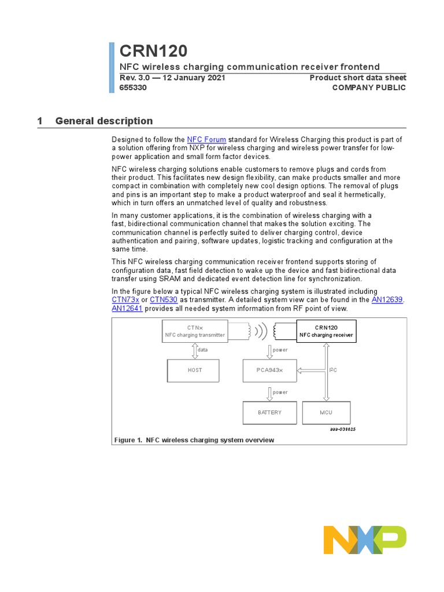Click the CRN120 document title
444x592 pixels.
point(153,51)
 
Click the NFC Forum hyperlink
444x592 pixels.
point(206,139)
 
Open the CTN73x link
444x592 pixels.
point(125,300)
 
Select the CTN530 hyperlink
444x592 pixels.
point(164,300)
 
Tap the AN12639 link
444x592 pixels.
point(387,300)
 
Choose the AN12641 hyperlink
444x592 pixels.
point(127,309)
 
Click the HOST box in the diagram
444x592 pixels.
point(195,370)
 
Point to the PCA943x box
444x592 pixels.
point(270,370)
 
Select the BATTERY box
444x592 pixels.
point(270,413)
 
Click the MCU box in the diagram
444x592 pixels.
point(325,413)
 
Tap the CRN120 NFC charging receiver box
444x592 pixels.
point(326,331)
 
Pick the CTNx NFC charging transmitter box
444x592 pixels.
point(195,331)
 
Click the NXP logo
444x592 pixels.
point(365,540)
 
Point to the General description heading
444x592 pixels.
point(104,121)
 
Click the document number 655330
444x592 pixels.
point(133,88)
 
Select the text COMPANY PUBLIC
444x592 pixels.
point(369,88)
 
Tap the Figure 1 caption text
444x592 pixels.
point(194,440)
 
